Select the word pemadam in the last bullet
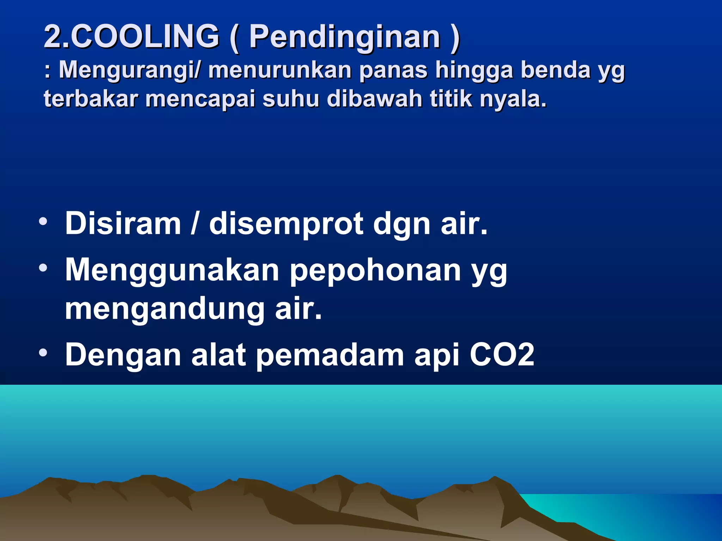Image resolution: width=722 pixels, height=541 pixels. click(x=330, y=356)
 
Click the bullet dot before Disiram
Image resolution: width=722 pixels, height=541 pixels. click(x=43, y=222)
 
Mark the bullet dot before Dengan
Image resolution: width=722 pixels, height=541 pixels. click(x=43, y=353)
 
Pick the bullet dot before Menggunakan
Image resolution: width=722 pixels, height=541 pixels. click(x=43, y=269)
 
